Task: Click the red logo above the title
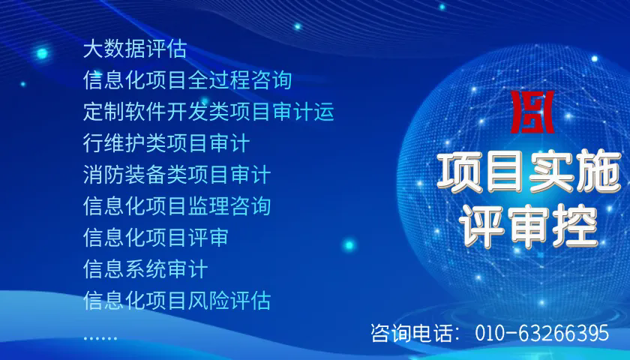click(x=532, y=112)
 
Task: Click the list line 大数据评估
click(x=135, y=49)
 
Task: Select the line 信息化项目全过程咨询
click(x=187, y=80)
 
